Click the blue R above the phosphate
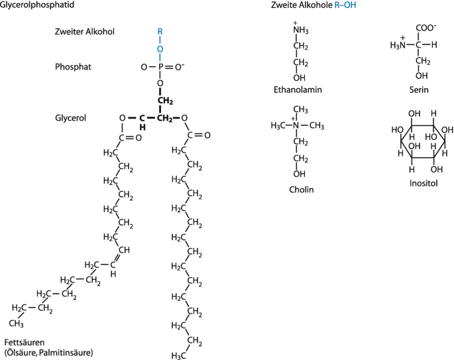[160, 30]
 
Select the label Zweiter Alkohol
[85, 31]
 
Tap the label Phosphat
[74, 67]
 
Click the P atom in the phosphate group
[160, 67]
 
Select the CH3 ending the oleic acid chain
[17, 325]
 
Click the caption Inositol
[424, 183]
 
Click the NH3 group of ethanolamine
[300, 30]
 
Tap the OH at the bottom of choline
[300, 174]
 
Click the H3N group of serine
[396, 45]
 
